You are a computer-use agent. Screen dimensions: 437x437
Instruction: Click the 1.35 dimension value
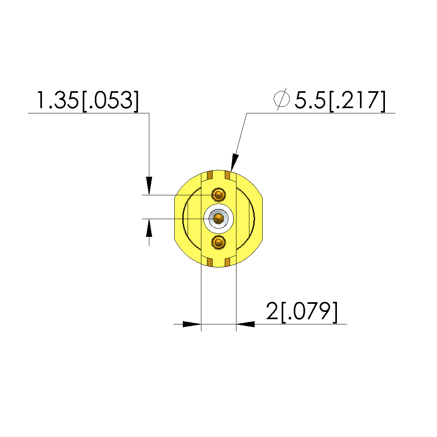click(57, 100)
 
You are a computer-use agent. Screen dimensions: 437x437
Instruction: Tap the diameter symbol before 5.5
click(282, 99)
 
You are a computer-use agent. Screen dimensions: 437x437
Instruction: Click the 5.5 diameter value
click(310, 100)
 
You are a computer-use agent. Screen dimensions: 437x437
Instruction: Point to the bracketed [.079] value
click(309, 312)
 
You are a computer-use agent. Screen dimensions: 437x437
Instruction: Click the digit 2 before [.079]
click(272, 311)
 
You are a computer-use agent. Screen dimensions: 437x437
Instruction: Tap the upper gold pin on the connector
click(219, 194)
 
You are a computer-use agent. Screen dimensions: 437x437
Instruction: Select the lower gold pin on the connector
click(219, 242)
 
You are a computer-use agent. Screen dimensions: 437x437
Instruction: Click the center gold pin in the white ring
click(219, 219)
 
